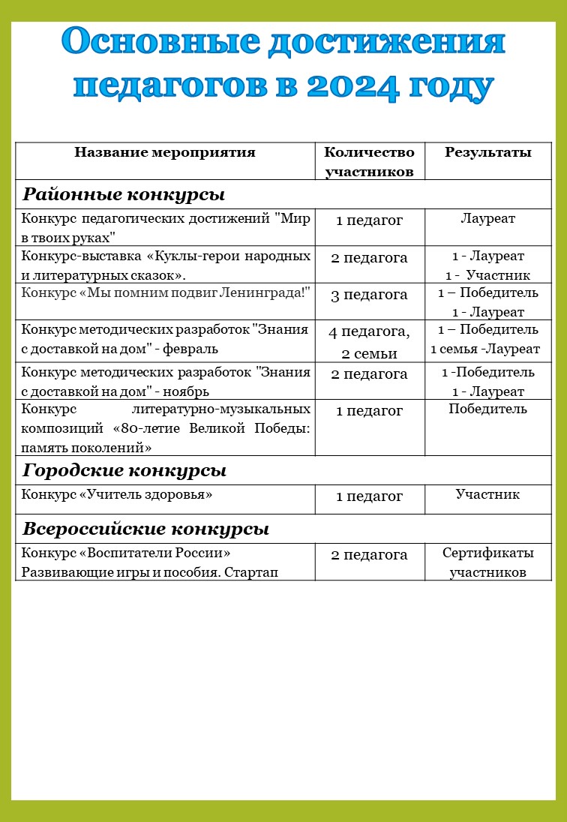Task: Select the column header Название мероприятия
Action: pyautogui.click(x=165, y=153)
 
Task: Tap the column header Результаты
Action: pyautogui.click(x=488, y=153)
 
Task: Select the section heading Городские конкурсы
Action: pyautogui.click(x=124, y=471)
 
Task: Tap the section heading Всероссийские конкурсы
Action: pyautogui.click(x=145, y=529)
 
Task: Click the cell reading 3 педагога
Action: pyautogui.click(x=369, y=295)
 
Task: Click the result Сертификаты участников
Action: pyautogui.click(x=488, y=562)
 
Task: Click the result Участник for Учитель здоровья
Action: pyautogui.click(x=488, y=494)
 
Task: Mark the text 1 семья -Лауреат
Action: pyautogui.click(x=485, y=349)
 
